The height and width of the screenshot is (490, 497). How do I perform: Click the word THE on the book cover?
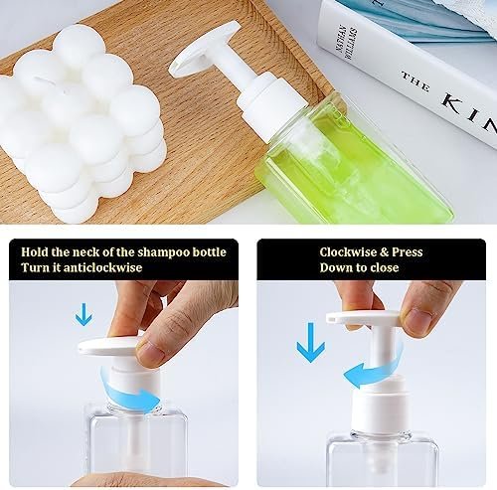tap(414, 79)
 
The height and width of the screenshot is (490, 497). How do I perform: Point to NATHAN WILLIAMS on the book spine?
tap(342, 30)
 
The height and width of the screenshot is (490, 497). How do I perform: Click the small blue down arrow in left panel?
tap(83, 315)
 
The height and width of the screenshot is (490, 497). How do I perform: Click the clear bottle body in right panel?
tap(383, 462)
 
